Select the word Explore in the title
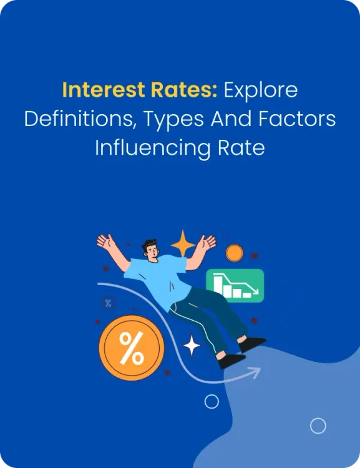pyautogui.click(x=261, y=91)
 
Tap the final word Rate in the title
pyautogui.click(x=245, y=149)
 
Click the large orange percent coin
pyautogui.click(x=131, y=348)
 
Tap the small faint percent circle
pyautogui.click(x=109, y=304)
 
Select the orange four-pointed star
pyautogui.click(x=183, y=243)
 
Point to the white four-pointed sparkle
pyautogui.click(x=191, y=345)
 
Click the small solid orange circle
pyautogui.click(x=235, y=253)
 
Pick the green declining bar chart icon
pyautogui.click(x=235, y=285)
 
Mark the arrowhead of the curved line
pyautogui.click(x=256, y=372)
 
